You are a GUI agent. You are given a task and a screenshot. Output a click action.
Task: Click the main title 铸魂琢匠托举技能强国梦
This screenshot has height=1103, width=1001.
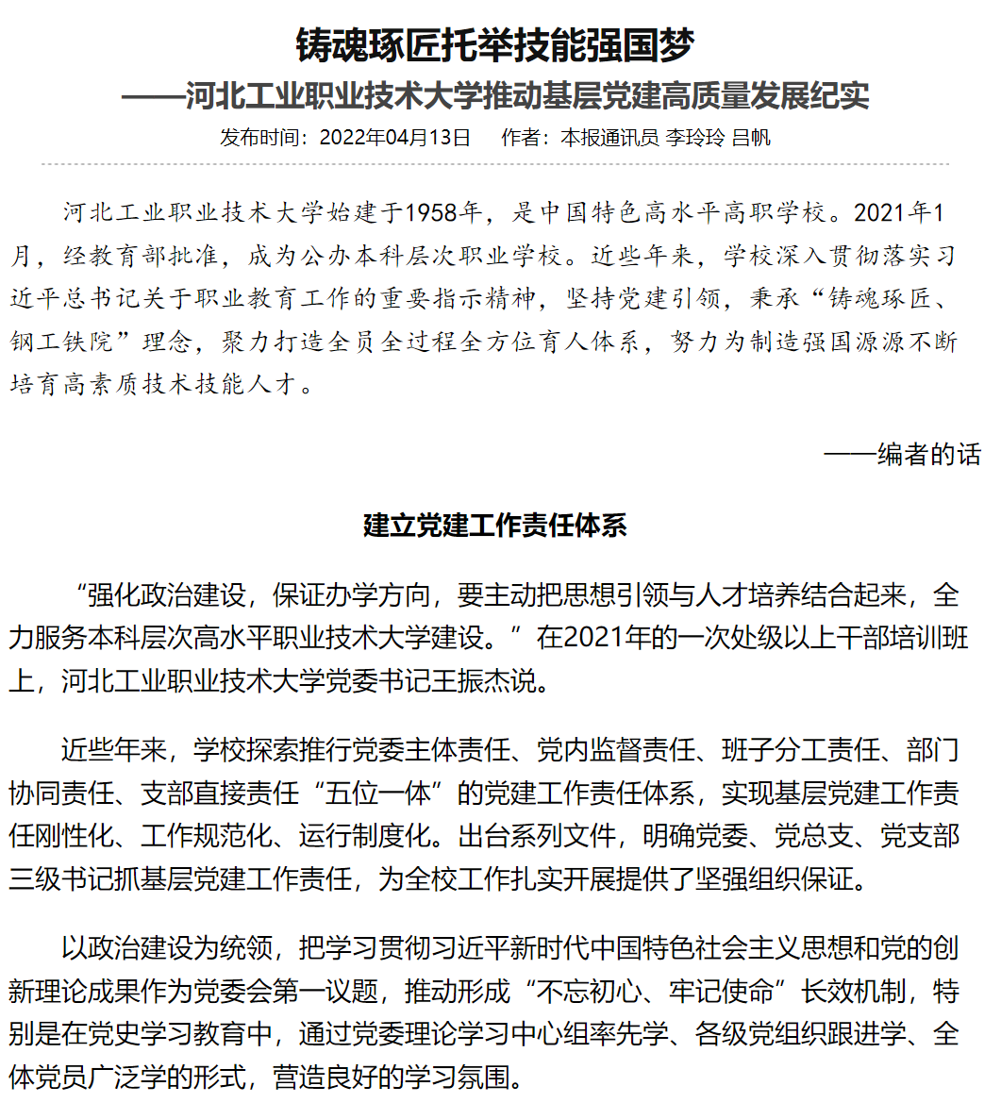[x=495, y=44]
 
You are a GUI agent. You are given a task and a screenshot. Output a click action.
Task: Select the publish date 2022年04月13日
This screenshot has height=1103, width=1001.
[x=395, y=138]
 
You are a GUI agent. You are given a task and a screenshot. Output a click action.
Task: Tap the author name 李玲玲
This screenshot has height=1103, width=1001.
[x=695, y=138]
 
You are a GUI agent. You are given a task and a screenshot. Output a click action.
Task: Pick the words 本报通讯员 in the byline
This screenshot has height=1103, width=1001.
[x=609, y=138]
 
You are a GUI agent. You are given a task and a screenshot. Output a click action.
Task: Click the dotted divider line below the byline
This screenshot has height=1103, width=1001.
[x=495, y=164]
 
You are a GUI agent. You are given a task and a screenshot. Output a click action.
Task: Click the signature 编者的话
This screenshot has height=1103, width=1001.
[x=929, y=455]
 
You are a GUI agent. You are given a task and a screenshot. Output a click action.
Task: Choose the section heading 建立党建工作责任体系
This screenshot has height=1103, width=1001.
[x=495, y=526]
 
